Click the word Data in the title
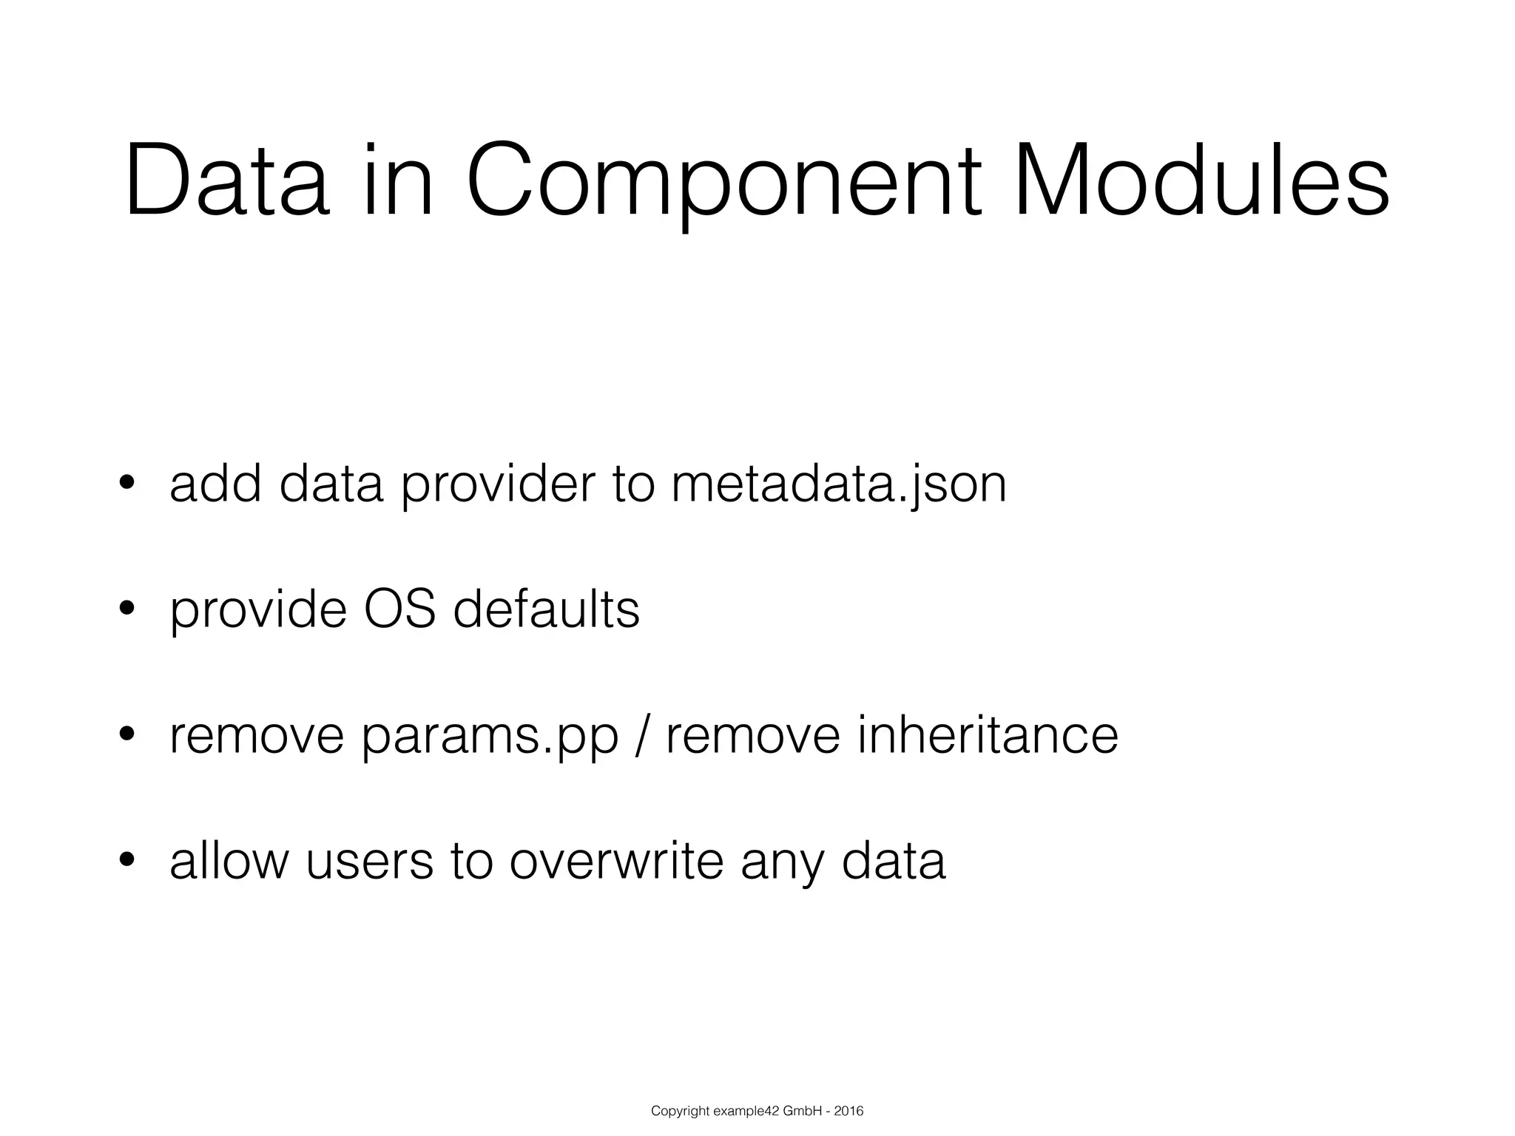coord(226,183)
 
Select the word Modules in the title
coord(1202,183)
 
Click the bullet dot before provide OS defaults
coord(126,609)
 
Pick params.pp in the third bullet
coord(490,737)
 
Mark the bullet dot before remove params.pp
coord(126,734)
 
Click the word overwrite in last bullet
coord(616,861)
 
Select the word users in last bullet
coord(369,861)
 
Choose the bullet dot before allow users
coord(126,860)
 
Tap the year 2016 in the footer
coord(849,1111)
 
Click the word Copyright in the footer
coord(680,1112)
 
